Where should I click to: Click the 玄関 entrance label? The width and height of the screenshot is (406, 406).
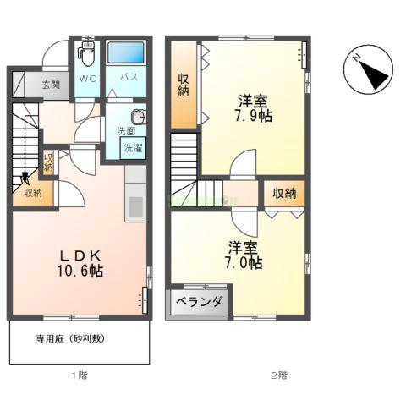tap(50, 84)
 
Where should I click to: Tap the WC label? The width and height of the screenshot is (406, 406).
tap(88, 78)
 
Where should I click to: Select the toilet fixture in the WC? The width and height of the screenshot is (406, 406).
tap(86, 54)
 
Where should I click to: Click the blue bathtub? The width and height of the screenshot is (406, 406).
tap(128, 53)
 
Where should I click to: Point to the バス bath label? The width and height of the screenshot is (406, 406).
tap(129, 78)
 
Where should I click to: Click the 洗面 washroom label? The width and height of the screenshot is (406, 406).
tap(124, 133)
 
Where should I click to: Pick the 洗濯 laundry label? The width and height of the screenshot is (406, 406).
tap(134, 148)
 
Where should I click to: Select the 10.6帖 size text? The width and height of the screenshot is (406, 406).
tap(81, 272)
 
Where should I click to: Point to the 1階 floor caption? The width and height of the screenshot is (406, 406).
tap(78, 374)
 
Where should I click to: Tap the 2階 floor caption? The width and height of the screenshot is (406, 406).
tap(279, 374)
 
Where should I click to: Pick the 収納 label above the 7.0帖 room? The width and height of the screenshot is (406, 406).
tap(285, 194)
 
